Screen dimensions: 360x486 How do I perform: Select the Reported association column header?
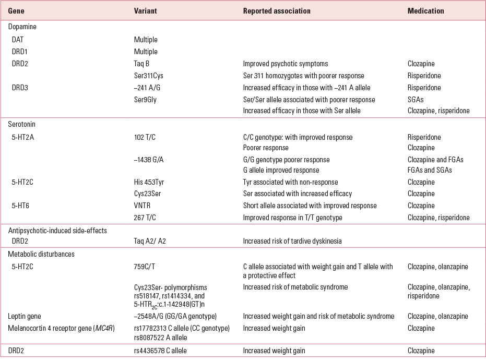coord(277,11)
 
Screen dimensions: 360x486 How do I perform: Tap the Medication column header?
coord(425,11)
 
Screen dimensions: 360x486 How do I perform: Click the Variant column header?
coord(146,11)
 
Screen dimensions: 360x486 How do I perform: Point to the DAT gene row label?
coord(18,40)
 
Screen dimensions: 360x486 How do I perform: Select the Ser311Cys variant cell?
coord(149,76)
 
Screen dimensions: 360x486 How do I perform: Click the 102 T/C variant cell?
coord(145,137)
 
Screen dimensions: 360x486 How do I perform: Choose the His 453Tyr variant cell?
coord(150,182)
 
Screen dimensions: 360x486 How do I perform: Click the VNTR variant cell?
coord(142,206)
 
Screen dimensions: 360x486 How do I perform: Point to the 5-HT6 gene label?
coord(21,206)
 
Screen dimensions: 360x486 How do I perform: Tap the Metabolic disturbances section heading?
coord(41,254)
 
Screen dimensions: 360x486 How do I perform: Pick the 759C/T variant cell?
coord(145,267)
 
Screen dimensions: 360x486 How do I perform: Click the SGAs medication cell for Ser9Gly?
coord(416,100)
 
